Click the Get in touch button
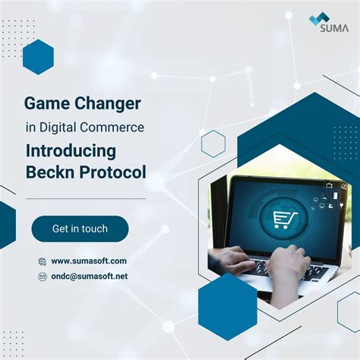click(80, 229)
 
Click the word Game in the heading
click(44, 103)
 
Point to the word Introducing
click(71, 150)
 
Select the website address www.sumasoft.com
click(89, 261)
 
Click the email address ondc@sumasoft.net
click(89, 276)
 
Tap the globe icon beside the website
click(42, 261)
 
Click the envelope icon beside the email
click(42, 277)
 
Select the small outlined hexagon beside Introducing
click(213, 144)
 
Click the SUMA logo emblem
click(318, 18)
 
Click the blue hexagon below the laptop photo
click(228, 305)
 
